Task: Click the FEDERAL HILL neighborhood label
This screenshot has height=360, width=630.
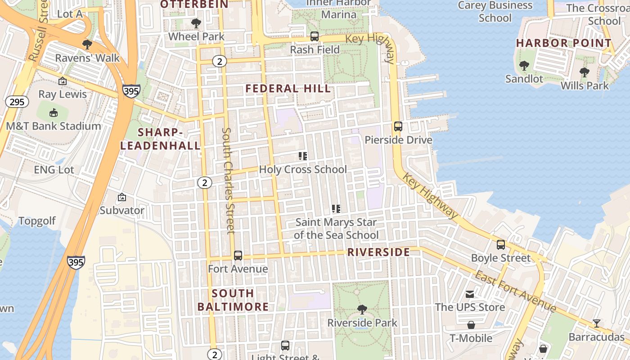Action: click(288, 89)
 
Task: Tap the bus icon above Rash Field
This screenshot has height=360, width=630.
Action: click(315, 36)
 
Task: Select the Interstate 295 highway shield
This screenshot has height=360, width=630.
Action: click(17, 102)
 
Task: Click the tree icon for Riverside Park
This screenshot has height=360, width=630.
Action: click(362, 310)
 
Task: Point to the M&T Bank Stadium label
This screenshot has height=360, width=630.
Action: click(53, 126)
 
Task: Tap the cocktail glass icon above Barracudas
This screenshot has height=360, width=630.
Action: click(596, 324)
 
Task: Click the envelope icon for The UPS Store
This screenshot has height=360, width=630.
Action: click(470, 294)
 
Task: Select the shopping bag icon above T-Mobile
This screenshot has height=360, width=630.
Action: click(471, 325)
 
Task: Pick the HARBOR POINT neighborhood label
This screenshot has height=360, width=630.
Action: click(563, 43)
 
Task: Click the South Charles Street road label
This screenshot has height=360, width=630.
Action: click(229, 180)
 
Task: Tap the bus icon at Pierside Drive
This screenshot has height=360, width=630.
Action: click(398, 126)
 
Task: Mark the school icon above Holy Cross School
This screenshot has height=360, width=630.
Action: click(303, 156)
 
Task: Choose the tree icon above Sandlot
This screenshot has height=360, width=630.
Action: click(524, 66)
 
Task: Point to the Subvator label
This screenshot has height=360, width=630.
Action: click(122, 210)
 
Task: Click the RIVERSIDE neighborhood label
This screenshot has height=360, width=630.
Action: click(378, 252)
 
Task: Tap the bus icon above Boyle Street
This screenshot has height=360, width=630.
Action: click(500, 245)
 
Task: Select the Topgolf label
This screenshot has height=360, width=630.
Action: click(37, 221)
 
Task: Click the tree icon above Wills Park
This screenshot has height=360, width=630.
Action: click(584, 72)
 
